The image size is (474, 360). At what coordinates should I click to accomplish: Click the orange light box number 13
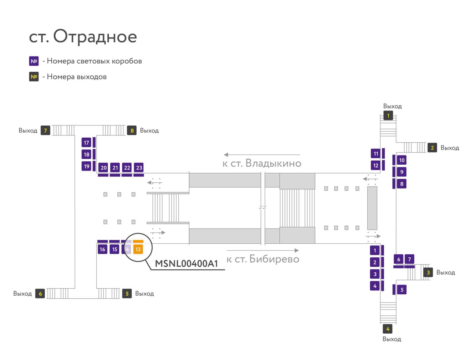click(138, 249)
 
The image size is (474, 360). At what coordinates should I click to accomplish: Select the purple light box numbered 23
click(139, 167)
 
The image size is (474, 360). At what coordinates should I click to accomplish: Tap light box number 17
click(87, 143)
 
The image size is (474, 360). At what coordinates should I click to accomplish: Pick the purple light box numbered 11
click(376, 154)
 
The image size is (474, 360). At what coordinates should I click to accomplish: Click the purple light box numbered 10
click(401, 160)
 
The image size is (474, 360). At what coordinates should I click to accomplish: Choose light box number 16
click(103, 249)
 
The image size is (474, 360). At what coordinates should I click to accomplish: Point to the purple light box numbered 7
click(409, 259)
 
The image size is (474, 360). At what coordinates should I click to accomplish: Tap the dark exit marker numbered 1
click(388, 116)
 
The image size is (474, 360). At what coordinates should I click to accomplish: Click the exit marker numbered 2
click(432, 148)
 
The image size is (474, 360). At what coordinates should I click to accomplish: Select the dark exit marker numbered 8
click(132, 130)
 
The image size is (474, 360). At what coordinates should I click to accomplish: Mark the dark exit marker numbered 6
click(40, 293)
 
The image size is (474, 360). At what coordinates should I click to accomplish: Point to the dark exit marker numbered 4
click(387, 329)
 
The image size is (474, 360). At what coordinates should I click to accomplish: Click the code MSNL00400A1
click(186, 263)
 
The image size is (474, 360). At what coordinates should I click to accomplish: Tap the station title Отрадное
click(95, 36)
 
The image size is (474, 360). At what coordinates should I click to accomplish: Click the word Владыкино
click(273, 163)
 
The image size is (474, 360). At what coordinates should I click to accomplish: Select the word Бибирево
click(274, 259)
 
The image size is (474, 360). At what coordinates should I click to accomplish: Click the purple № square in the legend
click(34, 61)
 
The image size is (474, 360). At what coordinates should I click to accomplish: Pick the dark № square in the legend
click(34, 77)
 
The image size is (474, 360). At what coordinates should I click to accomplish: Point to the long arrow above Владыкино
click(262, 155)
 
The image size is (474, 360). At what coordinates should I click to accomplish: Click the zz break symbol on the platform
click(262, 207)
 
